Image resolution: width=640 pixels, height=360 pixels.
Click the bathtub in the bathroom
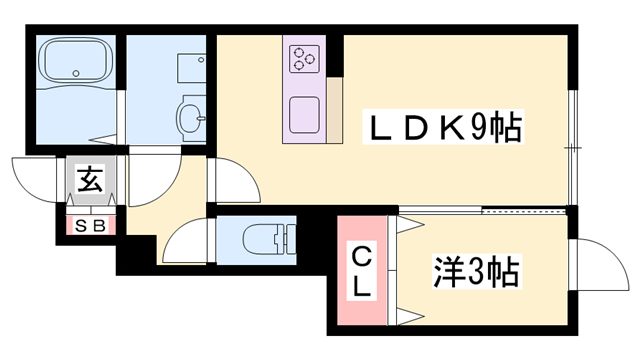pyautogui.click(x=76, y=66)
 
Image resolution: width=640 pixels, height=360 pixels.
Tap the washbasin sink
pyautogui.click(x=190, y=118)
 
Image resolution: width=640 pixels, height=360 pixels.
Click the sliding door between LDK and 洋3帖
pyautogui.click(x=484, y=211)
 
